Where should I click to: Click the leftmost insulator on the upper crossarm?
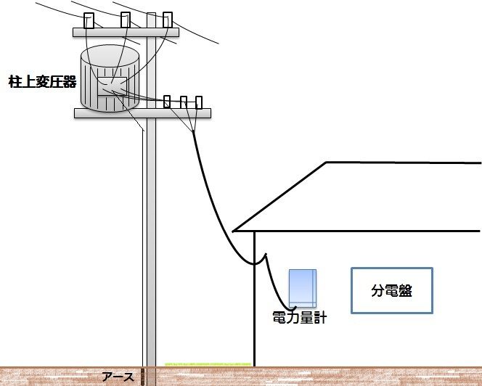(x=89, y=20)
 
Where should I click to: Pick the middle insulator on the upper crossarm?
(x=125, y=20)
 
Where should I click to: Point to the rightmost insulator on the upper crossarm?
(x=168, y=20)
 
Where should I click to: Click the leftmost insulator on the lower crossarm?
(x=167, y=102)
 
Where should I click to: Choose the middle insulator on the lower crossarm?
(x=184, y=102)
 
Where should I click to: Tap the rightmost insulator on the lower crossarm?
(x=199, y=102)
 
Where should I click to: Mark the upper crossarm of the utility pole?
(x=126, y=32)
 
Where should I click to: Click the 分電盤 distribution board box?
(x=391, y=290)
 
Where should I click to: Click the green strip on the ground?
(x=208, y=362)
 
